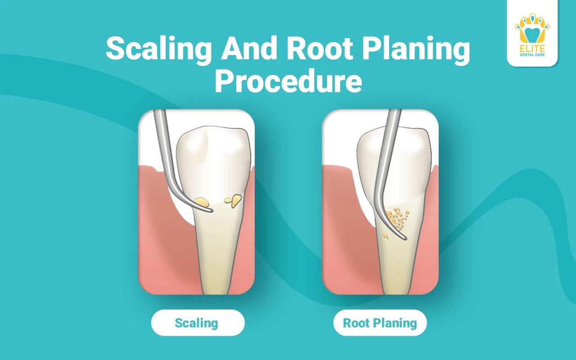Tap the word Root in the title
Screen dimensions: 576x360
(320, 48)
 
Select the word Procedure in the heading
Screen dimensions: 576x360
(288, 80)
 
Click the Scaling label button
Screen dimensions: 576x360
(198, 323)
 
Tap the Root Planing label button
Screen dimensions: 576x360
(380, 323)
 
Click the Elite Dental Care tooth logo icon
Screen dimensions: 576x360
(532, 29)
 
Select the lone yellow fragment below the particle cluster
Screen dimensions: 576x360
(385, 236)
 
